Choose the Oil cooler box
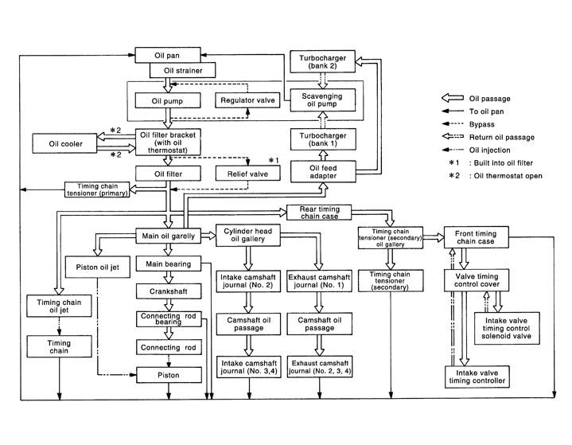[60, 144]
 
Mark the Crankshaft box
[165, 291]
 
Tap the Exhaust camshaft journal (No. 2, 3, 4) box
[318, 367]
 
